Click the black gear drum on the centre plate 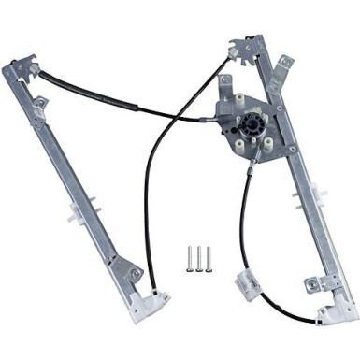pyautogui.click(x=252, y=126)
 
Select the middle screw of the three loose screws pyautogui.click(x=200, y=257)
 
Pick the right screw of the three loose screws pyautogui.click(x=208, y=257)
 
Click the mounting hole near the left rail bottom pyautogui.click(x=135, y=274)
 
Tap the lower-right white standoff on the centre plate pyautogui.click(x=268, y=145)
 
